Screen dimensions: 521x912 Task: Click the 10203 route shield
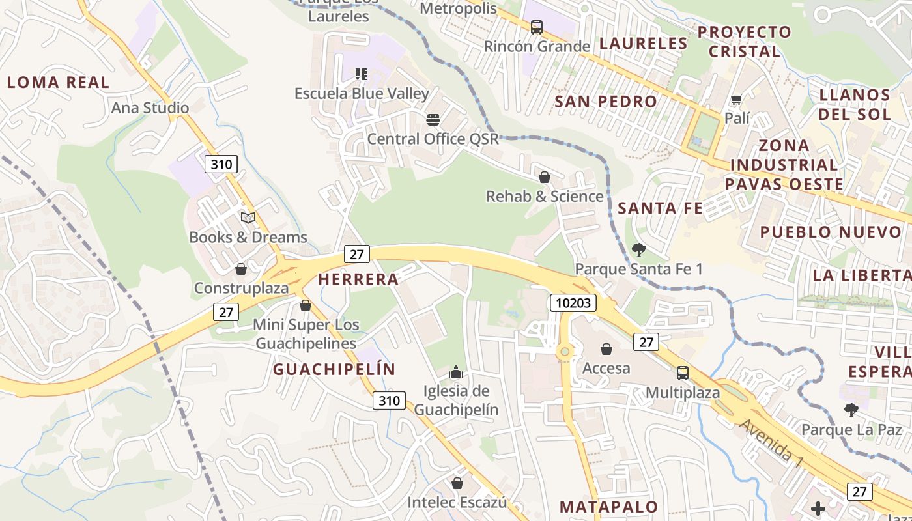573,303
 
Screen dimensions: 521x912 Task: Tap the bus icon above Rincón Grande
536,27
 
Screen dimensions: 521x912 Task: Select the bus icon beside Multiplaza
682,373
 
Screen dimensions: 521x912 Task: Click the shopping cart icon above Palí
737,99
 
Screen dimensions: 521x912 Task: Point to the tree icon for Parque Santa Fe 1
638,249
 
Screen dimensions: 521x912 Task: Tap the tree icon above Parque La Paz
851,410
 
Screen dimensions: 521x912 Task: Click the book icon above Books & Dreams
248,218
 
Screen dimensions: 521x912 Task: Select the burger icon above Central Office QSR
433,119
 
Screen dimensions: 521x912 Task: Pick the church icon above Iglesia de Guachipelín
456,373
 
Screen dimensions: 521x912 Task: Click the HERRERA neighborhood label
358,279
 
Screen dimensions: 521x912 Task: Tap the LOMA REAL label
58,83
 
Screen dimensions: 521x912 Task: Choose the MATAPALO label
608,507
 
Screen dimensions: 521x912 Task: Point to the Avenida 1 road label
771,443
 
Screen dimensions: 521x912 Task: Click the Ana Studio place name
150,108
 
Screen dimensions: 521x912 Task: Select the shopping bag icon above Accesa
606,349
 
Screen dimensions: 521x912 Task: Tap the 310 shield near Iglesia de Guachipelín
389,401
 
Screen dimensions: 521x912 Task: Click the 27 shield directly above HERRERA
356,254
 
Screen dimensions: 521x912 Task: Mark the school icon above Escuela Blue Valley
362,74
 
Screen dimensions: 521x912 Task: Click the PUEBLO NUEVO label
831,232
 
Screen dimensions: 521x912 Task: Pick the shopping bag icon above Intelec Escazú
457,483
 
